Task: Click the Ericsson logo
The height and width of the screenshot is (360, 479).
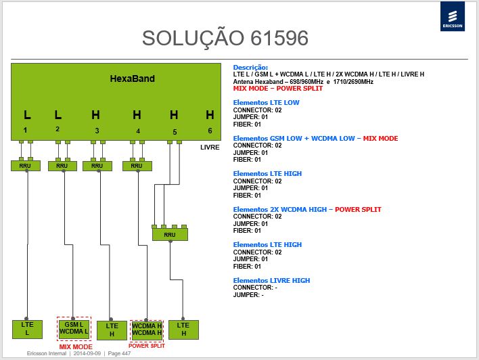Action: [453, 16]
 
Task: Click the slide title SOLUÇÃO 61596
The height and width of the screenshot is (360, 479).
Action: [225, 38]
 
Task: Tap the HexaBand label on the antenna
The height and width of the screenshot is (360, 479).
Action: [133, 78]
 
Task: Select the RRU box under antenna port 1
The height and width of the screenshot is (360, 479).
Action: [26, 166]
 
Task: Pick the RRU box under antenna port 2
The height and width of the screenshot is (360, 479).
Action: [63, 166]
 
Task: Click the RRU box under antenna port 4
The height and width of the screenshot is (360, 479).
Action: [137, 166]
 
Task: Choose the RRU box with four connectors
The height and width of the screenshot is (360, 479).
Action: [170, 234]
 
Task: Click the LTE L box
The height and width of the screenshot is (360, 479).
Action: [27, 329]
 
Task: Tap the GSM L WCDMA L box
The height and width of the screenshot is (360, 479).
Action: [74, 328]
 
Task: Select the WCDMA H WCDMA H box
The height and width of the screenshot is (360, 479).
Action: [147, 330]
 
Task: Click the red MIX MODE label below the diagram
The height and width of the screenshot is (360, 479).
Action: [76, 347]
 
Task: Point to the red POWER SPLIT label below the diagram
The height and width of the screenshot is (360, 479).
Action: [147, 346]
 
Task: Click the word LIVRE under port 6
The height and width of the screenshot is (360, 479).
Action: [210, 148]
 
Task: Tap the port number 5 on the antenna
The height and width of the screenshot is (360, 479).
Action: [175, 132]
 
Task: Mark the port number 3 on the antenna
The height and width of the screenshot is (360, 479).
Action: [97, 131]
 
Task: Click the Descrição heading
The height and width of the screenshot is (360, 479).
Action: [250, 68]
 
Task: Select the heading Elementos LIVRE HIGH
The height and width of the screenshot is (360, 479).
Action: [271, 280]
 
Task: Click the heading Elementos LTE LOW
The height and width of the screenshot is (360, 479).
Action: [266, 103]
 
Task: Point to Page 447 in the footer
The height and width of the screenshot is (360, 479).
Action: [119, 353]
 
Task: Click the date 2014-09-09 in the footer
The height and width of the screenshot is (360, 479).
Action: [87, 353]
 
